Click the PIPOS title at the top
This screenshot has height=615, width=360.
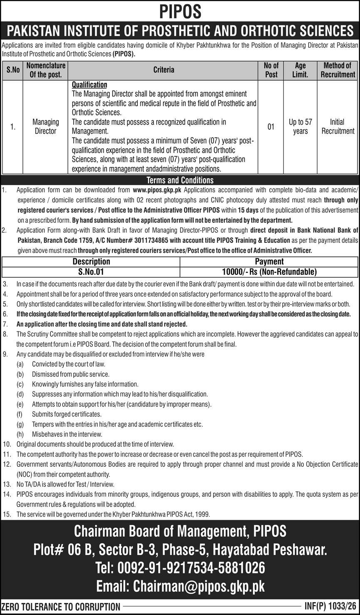coord(180,12)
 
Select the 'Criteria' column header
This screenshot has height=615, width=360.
coord(164,70)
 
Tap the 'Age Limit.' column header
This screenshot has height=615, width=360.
coord(300,70)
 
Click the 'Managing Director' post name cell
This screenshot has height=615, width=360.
coord(45,126)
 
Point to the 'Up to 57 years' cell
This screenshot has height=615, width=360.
coord(300,126)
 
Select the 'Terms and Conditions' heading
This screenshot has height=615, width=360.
coord(180,180)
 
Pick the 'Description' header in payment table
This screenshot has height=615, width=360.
coord(91,261)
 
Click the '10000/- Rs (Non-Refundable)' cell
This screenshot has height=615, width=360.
coord(269,272)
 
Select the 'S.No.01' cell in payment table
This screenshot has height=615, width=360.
coord(91,272)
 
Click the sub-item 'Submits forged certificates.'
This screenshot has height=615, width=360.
coord(67,414)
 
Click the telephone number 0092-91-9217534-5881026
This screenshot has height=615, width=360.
coord(180,568)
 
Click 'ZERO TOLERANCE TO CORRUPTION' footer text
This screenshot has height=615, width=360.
coord(61,607)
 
